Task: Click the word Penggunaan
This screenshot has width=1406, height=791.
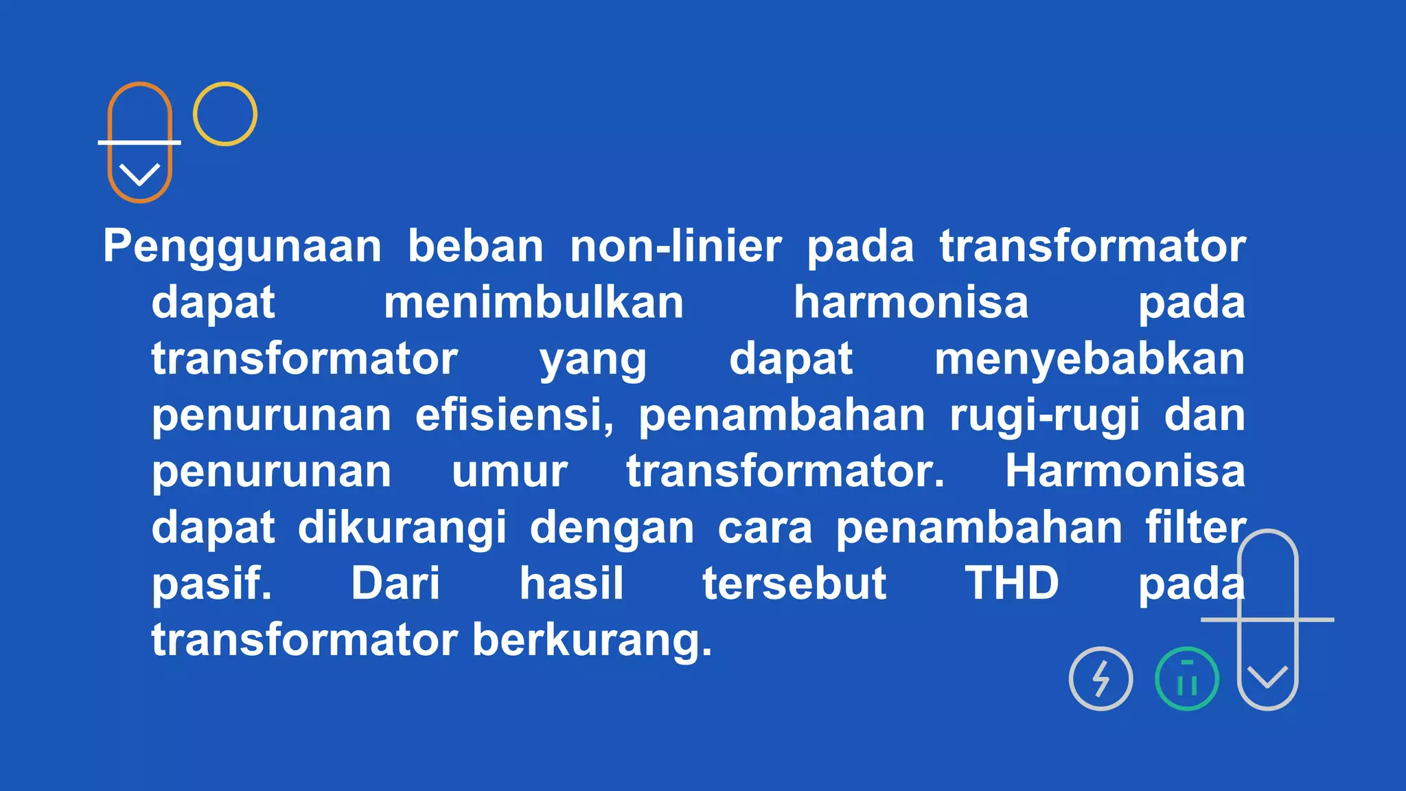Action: click(242, 247)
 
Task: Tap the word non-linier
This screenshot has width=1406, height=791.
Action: click(676, 246)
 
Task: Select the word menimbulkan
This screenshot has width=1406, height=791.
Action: click(533, 303)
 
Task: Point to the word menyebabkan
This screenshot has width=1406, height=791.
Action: click(1090, 359)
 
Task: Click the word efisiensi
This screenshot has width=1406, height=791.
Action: click(514, 415)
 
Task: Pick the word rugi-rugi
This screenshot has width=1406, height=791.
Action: click(1045, 416)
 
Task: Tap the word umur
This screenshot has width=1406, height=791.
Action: click(509, 472)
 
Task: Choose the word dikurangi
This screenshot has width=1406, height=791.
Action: click(402, 528)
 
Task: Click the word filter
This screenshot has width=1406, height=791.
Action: click(1195, 527)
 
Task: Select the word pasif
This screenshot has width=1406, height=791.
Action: click(211, 584)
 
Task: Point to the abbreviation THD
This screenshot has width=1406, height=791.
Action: click(1012, 584)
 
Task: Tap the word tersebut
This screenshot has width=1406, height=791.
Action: click(794, 584)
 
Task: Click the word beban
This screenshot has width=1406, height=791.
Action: click(476, 246)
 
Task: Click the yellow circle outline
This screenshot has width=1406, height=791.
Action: click(225, 114)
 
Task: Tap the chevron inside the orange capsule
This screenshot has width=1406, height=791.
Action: click(139, 174)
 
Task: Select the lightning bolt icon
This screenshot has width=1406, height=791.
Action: click(1100, 678)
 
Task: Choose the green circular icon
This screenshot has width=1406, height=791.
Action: click(1187, 678)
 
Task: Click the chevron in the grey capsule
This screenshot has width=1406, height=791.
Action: click(1267, 677)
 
